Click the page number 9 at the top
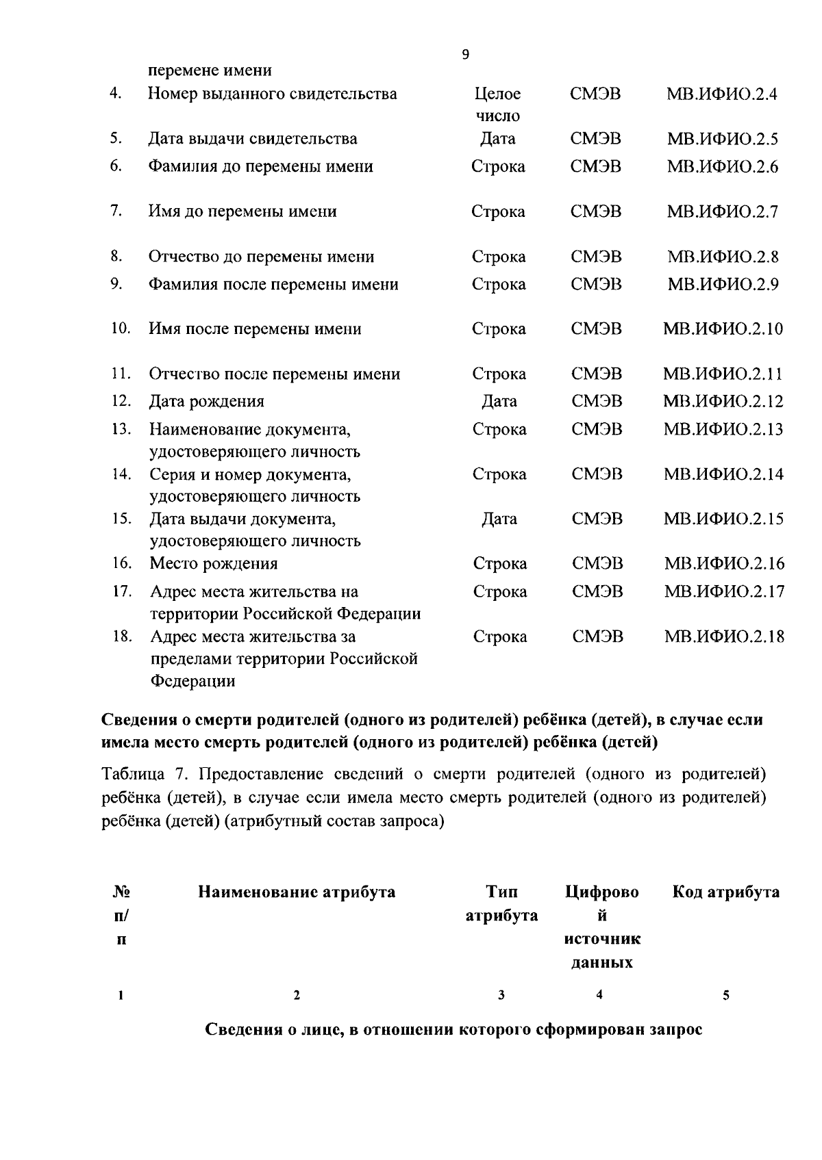coord(466,55)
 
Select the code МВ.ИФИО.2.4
coord(722,94)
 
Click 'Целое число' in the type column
coord(498,105)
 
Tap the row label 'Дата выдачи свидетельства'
coord(253,139)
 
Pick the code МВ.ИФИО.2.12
coord(723,402)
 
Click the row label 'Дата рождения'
coord(207,402)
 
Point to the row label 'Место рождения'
coord(214,564)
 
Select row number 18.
coord(121,636)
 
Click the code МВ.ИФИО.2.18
coord(724,637)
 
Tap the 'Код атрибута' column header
coord(725,892)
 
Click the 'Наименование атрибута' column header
coord(297,892)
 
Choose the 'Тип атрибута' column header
coord(501,904)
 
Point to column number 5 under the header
coord(725,996)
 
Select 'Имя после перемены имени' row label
coord(256,329)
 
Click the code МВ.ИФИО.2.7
coord(722,212)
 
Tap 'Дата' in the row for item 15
coord(499,519)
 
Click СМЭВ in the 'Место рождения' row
coord(597,564)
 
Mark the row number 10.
coord(121,328)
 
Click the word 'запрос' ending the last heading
coord(675,1030)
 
